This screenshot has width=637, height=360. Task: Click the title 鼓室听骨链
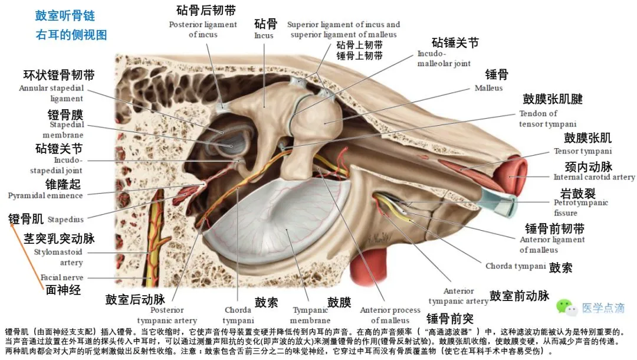(65, 16)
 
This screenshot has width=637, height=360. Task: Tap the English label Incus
(264, 35)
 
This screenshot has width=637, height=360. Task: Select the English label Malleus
(488, 88)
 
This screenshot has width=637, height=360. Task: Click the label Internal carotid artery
(594, 177)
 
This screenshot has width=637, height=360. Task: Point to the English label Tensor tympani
(582, 151)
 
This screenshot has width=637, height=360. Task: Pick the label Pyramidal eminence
(45, 195)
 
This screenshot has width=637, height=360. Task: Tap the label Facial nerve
(61, 277)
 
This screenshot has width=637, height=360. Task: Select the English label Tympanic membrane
(310, 315)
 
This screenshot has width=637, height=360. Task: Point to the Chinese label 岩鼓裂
(577, 193)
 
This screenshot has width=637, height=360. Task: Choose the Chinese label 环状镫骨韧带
(59, 76)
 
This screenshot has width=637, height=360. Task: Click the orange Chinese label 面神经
(64, 289)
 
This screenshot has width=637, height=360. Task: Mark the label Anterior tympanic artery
(458, 296)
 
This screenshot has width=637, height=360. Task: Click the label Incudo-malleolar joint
(444, 58)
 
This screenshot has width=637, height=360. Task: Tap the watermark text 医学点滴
(603, 308)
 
